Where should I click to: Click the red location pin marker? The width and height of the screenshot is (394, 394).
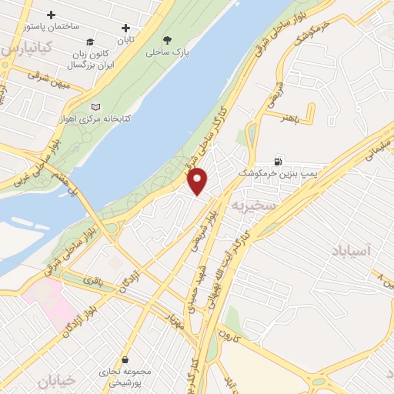(x=198, y=181)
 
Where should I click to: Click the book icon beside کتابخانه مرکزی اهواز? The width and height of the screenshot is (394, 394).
(x=95, y=107)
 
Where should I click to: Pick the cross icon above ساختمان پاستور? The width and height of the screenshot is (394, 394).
(x=52, y=15)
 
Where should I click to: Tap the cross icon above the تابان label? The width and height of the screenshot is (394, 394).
(x=126, y=28)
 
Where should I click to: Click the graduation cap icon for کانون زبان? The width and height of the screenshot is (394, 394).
(x=90, y=42)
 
